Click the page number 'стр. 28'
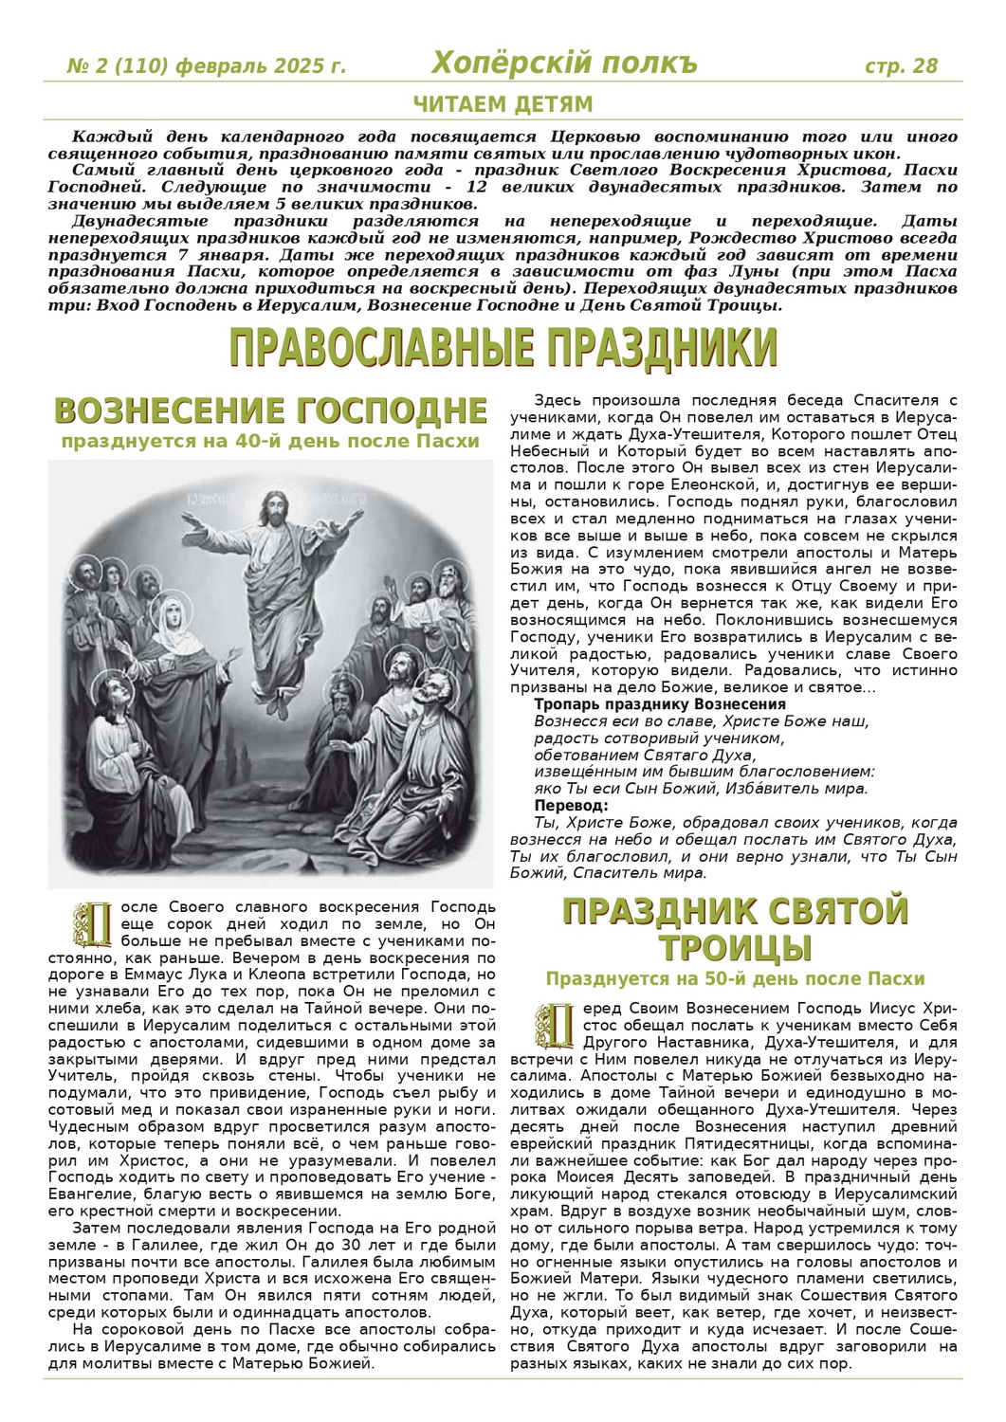click(x=901, y=65)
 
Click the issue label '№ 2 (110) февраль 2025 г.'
click(x=207, y=66)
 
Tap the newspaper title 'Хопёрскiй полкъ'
click(x=564, y=64)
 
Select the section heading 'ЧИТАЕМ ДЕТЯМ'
click(x=503, y=104)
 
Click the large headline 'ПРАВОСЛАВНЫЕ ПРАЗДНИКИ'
click(x=503, y=348)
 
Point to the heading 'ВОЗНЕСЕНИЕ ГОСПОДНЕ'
click(x=271, y=411)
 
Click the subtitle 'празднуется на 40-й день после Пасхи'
click(x=271, y=441)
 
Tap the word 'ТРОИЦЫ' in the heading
click(x=735, y=947)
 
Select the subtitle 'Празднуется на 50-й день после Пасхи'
click(x=735, y=978)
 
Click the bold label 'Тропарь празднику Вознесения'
click(x=660, y=704)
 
